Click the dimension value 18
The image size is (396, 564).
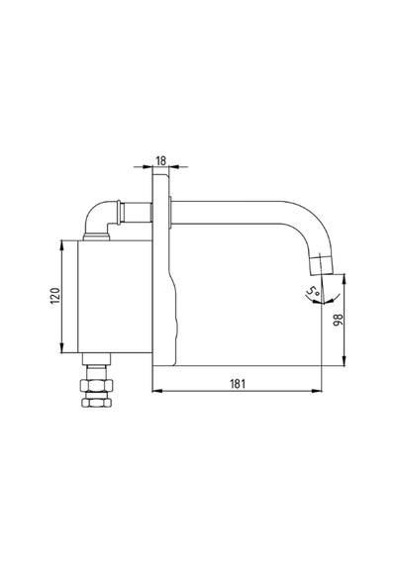161,160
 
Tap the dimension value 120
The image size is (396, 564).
54,296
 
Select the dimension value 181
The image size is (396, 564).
238,384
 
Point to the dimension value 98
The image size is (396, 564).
339,320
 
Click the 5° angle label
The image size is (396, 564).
312,291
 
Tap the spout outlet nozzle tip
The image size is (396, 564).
323,265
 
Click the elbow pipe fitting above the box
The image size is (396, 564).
102,220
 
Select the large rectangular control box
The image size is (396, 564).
115,297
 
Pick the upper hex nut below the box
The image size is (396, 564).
97,385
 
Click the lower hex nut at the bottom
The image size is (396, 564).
97,402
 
